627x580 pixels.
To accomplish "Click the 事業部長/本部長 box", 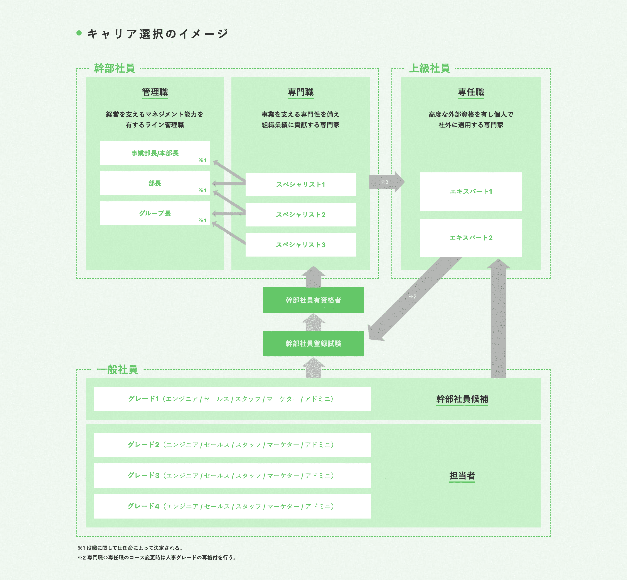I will coord(155,153).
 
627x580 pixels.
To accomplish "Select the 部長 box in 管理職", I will coord(155,183).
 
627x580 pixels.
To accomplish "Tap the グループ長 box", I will coord(155,213).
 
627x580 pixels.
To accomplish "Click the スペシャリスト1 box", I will coord(300,185).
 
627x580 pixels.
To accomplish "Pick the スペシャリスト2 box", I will coord(300,215).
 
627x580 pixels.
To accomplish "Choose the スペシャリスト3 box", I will coord(300,245).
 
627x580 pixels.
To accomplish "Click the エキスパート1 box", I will coord(471,191).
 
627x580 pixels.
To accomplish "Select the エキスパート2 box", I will coord(471,238).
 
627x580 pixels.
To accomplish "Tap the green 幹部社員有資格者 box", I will coord(313,300).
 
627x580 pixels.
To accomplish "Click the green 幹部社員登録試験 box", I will coord(313,344).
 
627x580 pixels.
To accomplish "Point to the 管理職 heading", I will coord(155,92).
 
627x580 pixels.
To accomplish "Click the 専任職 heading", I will coord(471,92).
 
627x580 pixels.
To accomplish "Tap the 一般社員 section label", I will coord(118,369).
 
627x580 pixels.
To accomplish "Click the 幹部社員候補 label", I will coord(462,399).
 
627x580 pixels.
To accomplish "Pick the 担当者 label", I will coord(462,476).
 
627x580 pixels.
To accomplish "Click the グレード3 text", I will coord(144,476).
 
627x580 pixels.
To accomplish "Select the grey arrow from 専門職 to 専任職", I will coord(387,182).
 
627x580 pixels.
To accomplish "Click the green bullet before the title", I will coord(79,33).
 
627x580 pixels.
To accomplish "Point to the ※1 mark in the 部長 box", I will coord(202,190).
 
